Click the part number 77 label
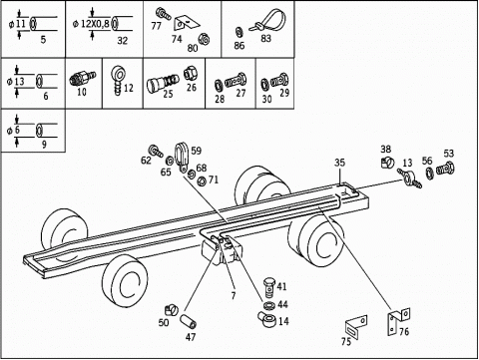[x=156, y=26]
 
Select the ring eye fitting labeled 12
[x=117, y=81]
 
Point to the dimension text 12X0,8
[x=95, y=24]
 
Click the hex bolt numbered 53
[x=445, y=169]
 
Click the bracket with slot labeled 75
[x=356, y=327]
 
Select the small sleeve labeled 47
[x=188, y=322]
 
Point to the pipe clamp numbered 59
[x=182, y=158]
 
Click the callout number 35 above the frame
[x=339, y=163]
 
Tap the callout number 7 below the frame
[x=234, y=295]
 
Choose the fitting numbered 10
[x=82, y=79]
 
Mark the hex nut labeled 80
[x=204, y=39]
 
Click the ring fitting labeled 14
[x=266, y=319]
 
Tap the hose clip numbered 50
[x=172, y=310]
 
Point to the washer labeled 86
[x=239, y=32]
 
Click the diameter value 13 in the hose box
[x=20, y=81]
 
